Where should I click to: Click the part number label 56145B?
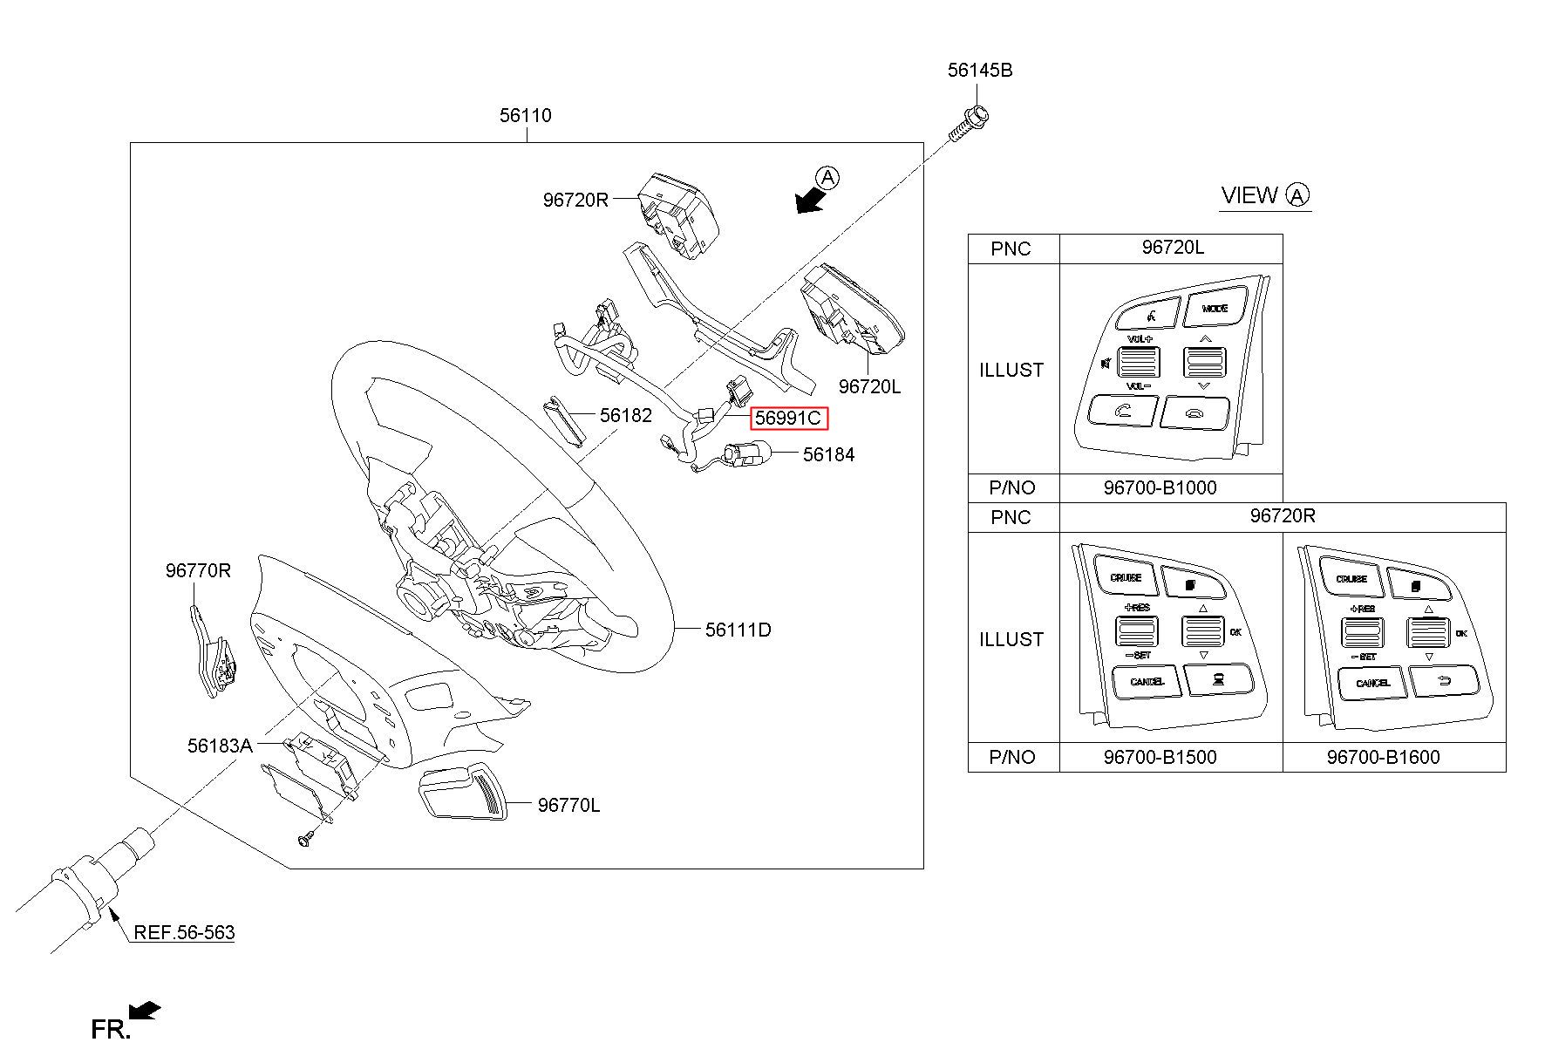980,71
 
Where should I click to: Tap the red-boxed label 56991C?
788,419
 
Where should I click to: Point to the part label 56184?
828,454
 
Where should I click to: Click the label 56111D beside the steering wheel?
738,630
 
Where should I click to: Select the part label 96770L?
568,805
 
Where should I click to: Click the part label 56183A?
220,746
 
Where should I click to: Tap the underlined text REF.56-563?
184,933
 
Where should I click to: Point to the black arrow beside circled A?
810,201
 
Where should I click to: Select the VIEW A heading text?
1265,196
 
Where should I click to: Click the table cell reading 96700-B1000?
1160,487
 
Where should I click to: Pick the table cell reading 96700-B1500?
1160,757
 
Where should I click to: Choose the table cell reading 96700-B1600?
1384,757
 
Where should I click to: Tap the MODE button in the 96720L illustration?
1215,310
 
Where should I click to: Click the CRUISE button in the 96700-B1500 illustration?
1126,578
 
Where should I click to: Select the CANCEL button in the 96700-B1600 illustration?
1372,684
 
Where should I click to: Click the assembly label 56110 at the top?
525,115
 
